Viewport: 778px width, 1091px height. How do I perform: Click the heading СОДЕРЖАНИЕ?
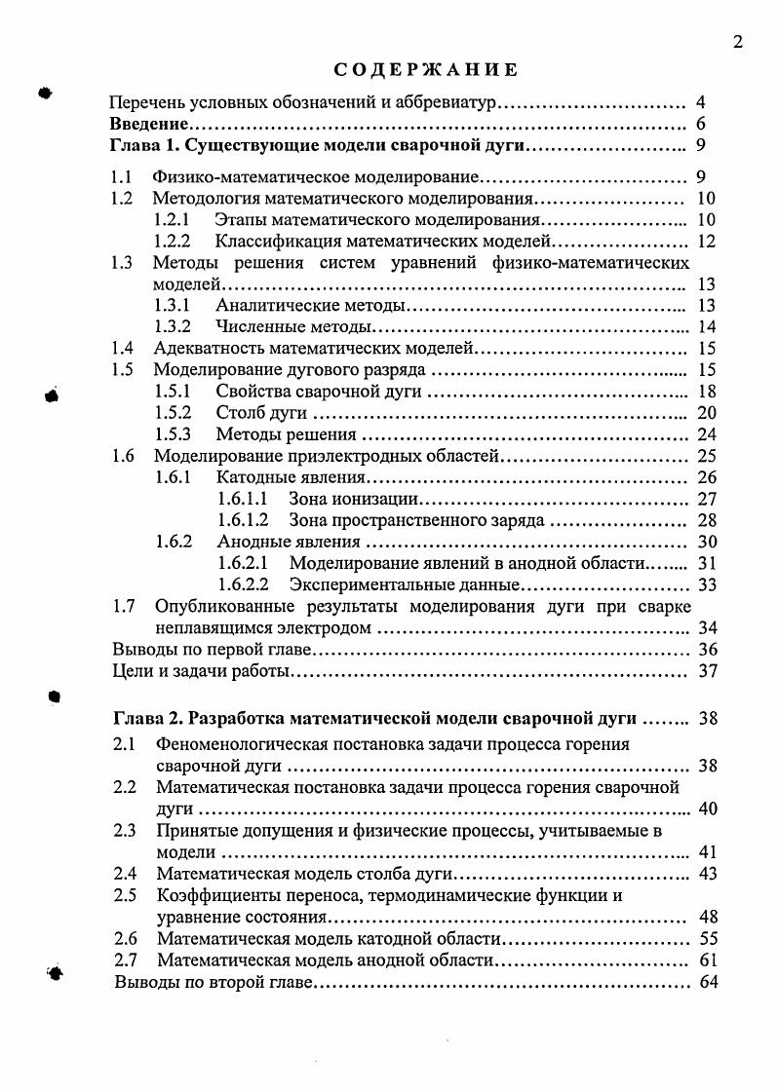click(424, 70)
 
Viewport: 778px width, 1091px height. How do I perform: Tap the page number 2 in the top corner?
click(737, 41)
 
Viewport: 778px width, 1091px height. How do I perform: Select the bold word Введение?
click(148, 125)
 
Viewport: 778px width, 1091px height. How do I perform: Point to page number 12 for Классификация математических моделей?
click(707, 242)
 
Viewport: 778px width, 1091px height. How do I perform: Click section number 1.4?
click(122, 348)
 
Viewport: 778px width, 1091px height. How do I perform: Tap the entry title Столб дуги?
click(261, 412)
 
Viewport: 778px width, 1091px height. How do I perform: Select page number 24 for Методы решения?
click(707, 434)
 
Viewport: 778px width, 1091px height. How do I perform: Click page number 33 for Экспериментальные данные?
click(707, 584)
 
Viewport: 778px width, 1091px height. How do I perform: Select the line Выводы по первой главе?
click(212, 650)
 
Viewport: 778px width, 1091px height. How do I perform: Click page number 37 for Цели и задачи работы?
click(707, 671)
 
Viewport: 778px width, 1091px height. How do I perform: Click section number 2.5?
click(124, 896)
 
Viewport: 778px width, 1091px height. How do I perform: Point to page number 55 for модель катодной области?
click(707, 939)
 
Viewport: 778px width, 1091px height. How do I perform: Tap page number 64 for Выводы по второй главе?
click(707, 982)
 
